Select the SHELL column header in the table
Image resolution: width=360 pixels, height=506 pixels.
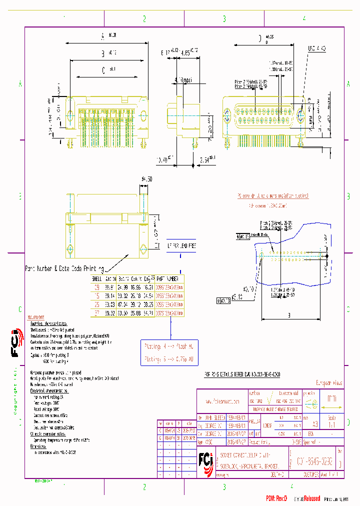pos(96,278)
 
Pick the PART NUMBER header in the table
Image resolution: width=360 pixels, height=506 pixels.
pos(169,278)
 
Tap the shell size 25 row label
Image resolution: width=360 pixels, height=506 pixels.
pos(96,304)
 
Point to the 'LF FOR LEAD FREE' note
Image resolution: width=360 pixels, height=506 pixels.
pos(180,245)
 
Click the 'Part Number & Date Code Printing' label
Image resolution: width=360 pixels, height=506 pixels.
pos(64,268)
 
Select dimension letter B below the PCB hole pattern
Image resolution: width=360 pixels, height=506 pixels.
pos(289,315)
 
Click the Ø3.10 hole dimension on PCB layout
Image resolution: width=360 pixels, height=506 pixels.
pos(248,288)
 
